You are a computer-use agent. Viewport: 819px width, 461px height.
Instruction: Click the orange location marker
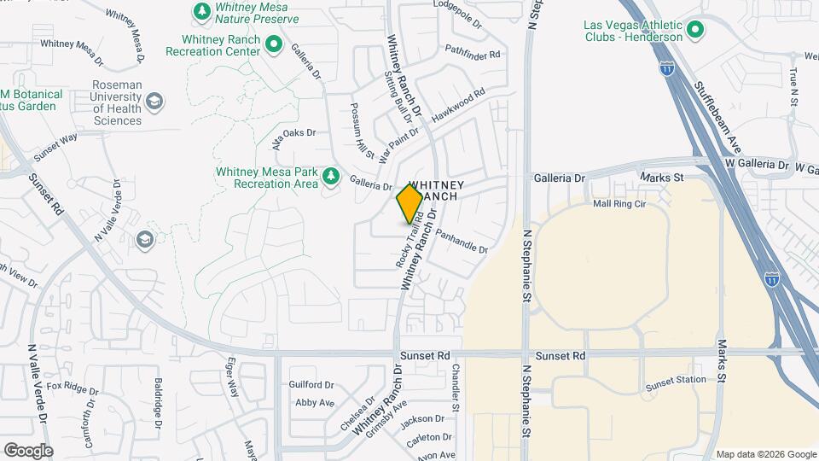tap(409, 203)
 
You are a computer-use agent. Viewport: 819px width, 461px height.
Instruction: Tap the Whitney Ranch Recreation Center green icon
tap(273, 44)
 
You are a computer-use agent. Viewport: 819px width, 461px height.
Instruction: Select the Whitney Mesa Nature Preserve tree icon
tap(201, 11)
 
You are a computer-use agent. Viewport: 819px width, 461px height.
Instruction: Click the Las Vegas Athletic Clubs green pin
tap(695, 31)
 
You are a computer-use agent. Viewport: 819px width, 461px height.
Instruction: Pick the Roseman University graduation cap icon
tap(154, 103)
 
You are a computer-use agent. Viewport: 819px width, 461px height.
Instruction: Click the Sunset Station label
tap(676, 380)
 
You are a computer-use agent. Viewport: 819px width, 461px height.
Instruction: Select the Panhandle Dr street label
tap(462, 241)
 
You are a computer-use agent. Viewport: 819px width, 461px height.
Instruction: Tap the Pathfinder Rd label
tap(471, 54)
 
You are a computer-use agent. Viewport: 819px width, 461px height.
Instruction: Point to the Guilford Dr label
tap(310, 385)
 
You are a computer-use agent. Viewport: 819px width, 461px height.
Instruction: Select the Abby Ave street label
tap(314, 402)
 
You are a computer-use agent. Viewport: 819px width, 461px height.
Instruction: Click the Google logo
tap(28, 450)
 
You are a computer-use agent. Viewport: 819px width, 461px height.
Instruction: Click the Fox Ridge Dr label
tap(73, 389)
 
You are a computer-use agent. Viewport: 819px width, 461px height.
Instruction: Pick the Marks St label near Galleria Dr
tap(668, 178)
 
